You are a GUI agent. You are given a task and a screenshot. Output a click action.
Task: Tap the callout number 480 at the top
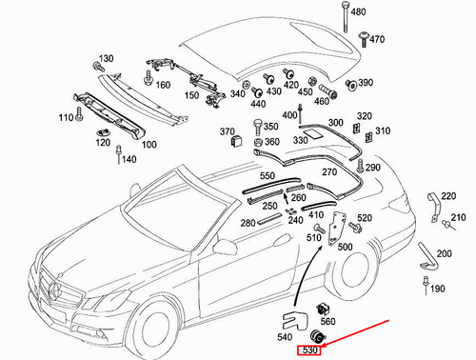click(385, 12)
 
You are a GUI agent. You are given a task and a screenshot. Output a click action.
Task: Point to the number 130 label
click(105, 59)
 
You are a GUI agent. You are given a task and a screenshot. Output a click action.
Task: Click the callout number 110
click(66, 117)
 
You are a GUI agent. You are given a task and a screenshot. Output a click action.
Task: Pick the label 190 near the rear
click(438, 289)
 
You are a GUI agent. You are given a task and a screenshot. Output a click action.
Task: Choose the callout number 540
click(285, 337)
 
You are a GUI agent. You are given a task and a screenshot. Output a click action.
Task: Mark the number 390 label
click(366, 83)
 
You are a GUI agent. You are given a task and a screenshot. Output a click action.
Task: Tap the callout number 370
click(228, 131)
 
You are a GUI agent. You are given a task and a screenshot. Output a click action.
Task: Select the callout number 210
click(459, 218)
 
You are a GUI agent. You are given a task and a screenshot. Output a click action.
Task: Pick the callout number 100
click(149, 145)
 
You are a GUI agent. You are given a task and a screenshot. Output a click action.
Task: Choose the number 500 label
click(345, 247)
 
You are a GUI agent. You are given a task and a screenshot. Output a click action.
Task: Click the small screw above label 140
click(118, 151)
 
